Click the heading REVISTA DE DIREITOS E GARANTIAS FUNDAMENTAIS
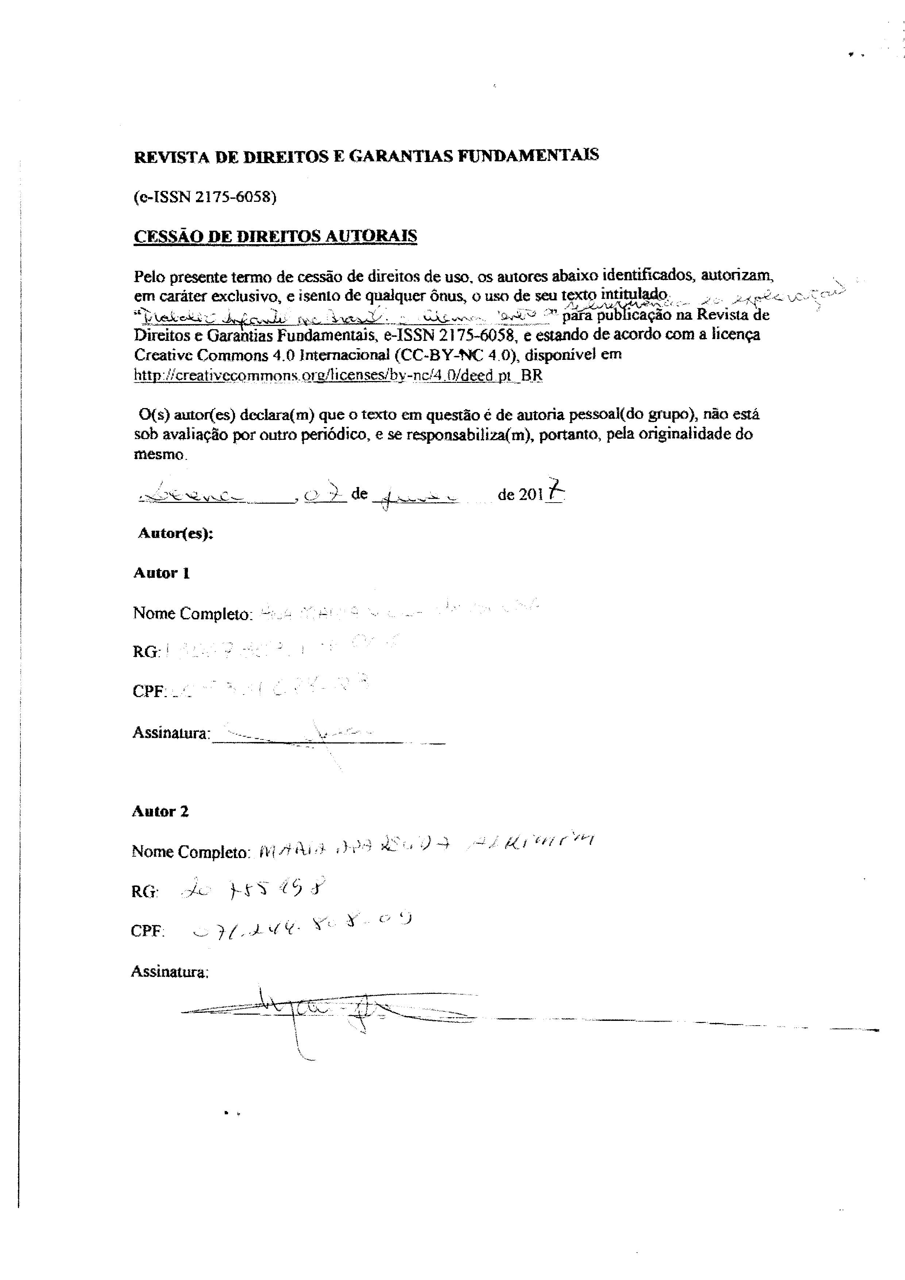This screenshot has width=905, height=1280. [366, 155]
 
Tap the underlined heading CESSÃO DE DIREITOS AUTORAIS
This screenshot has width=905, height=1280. [275, 236]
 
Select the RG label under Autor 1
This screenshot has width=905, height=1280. [146, 652]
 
